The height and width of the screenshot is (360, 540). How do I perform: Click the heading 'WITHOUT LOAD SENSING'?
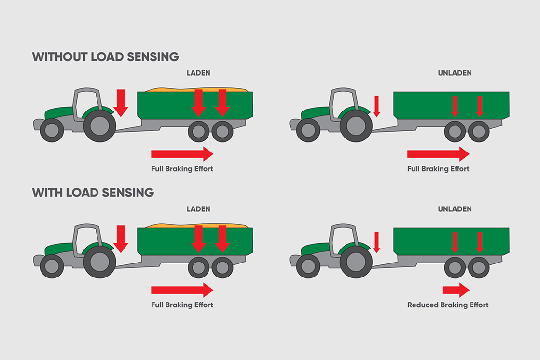105,56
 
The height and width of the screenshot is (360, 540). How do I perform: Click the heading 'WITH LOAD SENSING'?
93,193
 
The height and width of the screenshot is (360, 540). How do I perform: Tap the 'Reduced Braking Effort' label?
447,305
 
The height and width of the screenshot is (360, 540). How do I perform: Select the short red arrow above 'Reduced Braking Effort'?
456,290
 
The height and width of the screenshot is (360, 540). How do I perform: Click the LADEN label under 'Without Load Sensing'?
198,73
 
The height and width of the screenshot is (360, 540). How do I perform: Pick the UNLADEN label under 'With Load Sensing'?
455,209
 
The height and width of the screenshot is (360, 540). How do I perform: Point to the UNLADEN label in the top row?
455,73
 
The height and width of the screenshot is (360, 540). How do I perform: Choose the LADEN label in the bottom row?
198,209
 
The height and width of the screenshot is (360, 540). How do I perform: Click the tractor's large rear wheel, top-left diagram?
99,125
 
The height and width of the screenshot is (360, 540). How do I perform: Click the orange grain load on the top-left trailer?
198,90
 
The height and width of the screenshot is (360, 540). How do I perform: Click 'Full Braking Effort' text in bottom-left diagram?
182,305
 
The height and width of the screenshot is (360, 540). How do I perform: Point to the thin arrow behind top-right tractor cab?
377,105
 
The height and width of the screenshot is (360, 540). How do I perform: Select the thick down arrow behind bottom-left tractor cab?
121,238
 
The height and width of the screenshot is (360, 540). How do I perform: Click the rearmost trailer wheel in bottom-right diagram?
479,267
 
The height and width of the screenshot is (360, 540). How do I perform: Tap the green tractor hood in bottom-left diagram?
58,249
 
